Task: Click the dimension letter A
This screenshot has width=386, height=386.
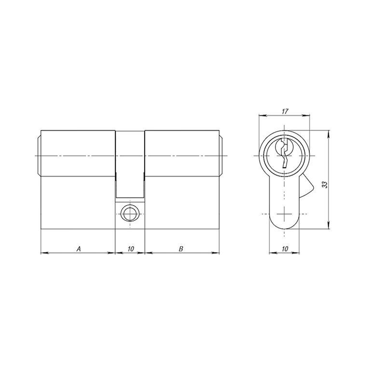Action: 79,249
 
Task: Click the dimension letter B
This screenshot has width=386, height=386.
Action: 181,249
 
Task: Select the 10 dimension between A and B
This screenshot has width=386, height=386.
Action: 131,249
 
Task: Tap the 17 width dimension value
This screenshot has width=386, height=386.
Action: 285,111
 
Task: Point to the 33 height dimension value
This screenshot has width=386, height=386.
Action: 325,185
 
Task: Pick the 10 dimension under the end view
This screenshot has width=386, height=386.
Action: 285,249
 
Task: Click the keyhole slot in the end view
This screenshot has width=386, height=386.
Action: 284,153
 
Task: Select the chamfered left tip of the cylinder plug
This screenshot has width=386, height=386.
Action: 39,155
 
